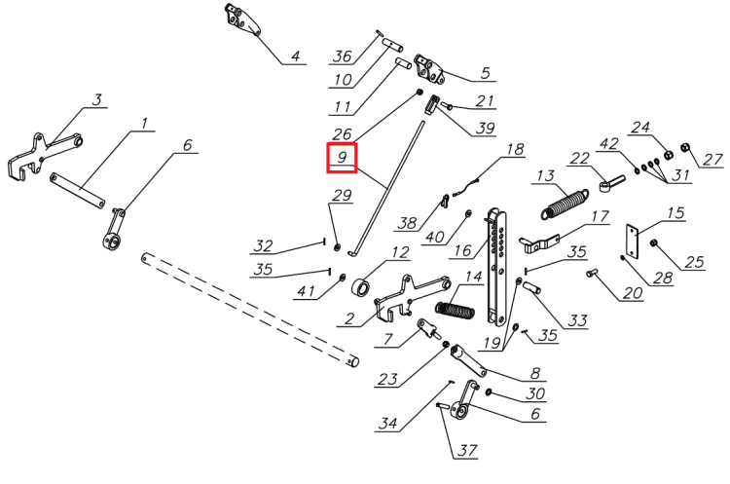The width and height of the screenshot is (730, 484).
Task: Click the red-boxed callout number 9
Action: [342, 157]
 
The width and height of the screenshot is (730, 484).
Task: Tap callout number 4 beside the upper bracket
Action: [295, 56]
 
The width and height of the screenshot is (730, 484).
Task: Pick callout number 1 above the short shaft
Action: [143, 124]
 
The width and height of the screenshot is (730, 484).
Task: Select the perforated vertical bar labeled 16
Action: [498, 263]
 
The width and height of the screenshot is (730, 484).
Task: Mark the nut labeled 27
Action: [684, 149]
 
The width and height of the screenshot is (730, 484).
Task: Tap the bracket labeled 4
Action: [239, 19]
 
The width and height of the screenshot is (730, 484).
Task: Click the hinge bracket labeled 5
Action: [428, 69]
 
